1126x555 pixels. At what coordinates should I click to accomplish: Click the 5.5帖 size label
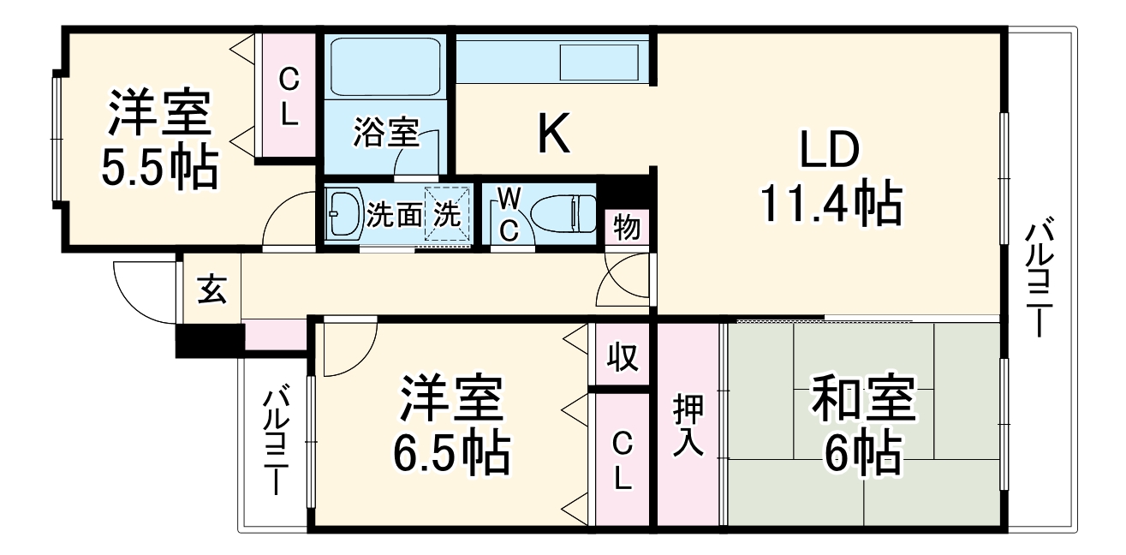pos(158,169)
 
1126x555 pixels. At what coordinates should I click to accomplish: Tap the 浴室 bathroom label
pos(385,133)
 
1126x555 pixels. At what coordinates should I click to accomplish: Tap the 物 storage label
pos(626,229)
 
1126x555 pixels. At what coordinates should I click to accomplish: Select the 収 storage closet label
pos(623,356)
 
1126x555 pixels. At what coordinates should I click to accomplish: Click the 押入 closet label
pos(688,425)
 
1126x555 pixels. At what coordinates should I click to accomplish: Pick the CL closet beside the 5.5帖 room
pos(289,97)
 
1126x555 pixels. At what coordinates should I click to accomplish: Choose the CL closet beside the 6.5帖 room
pos(623,460)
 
